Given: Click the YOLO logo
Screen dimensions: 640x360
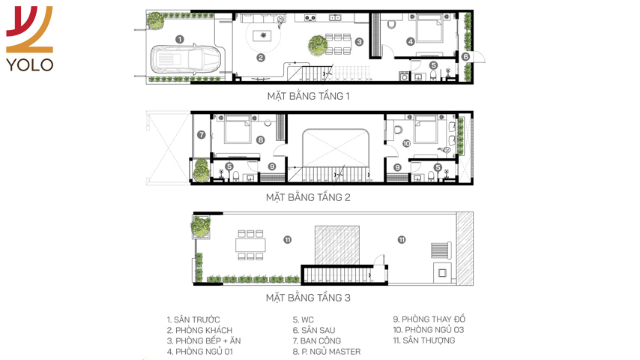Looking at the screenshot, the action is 29,39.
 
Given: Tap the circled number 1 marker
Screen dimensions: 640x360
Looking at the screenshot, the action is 180,39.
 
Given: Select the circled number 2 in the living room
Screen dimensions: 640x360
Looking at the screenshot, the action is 261,58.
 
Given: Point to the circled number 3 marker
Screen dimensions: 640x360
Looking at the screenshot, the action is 359,42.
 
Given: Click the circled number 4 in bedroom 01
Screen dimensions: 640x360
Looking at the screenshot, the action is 411,40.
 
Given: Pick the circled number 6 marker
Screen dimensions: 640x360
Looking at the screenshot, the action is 465,57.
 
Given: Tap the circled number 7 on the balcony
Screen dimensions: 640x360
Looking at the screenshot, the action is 202,134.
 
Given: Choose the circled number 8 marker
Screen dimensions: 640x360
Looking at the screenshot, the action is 260,140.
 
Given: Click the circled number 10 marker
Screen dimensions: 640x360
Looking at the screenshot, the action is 406,143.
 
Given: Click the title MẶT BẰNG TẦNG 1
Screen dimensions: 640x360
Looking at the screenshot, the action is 308,97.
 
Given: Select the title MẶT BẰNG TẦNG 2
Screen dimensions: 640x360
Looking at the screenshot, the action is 308,198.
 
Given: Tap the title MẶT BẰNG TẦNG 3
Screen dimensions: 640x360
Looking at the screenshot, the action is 308,298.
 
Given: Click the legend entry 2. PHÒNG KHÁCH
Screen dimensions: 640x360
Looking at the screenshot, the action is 199,330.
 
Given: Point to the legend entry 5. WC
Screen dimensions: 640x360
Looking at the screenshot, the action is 304,320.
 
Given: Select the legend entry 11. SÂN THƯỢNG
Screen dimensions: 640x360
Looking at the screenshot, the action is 423,340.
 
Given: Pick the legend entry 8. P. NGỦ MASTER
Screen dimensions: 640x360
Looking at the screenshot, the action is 327,352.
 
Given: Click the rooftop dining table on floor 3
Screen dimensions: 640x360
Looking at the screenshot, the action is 250,244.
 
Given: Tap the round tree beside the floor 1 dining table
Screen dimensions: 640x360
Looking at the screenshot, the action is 318,44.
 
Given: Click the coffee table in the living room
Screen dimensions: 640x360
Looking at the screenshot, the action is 263,36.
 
